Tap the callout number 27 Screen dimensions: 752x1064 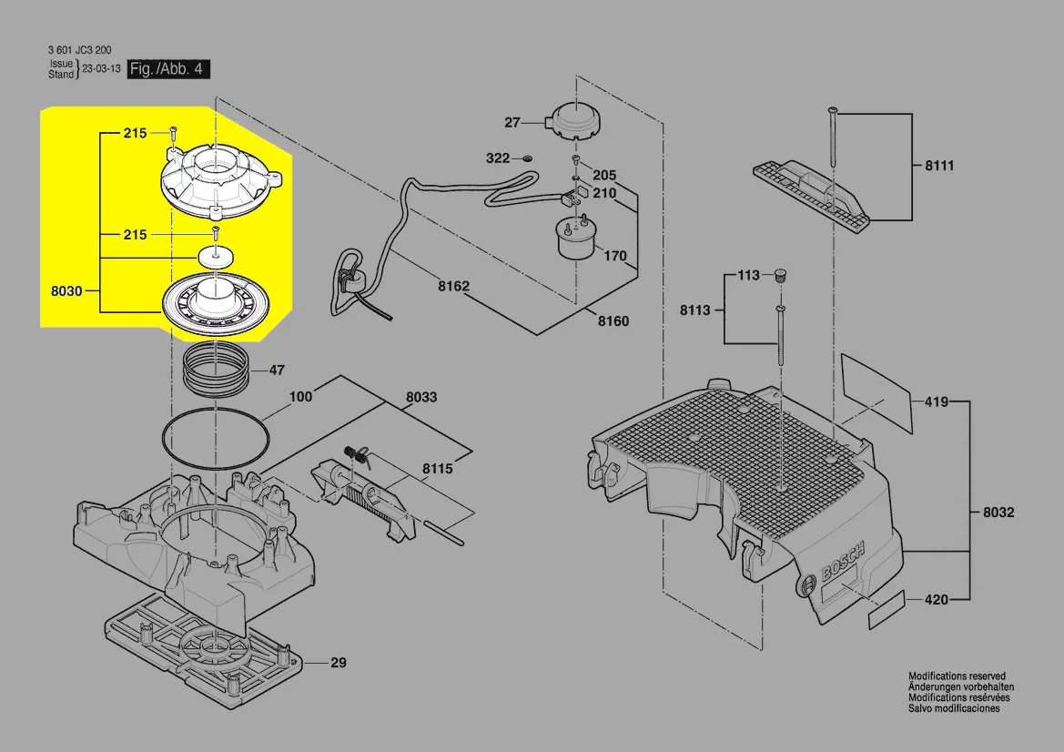coord(512,123)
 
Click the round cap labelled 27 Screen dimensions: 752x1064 coord(573,120)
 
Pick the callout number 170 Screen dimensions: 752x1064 coord(615,256)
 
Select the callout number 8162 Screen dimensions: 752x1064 coord(453,286)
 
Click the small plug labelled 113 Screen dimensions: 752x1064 coord(780,275)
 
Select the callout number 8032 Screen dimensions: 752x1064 coord(998,513)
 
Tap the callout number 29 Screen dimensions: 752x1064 coord(338,663)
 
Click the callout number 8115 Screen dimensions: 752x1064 coord(437,469)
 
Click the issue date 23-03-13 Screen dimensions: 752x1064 coord(102,69)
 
